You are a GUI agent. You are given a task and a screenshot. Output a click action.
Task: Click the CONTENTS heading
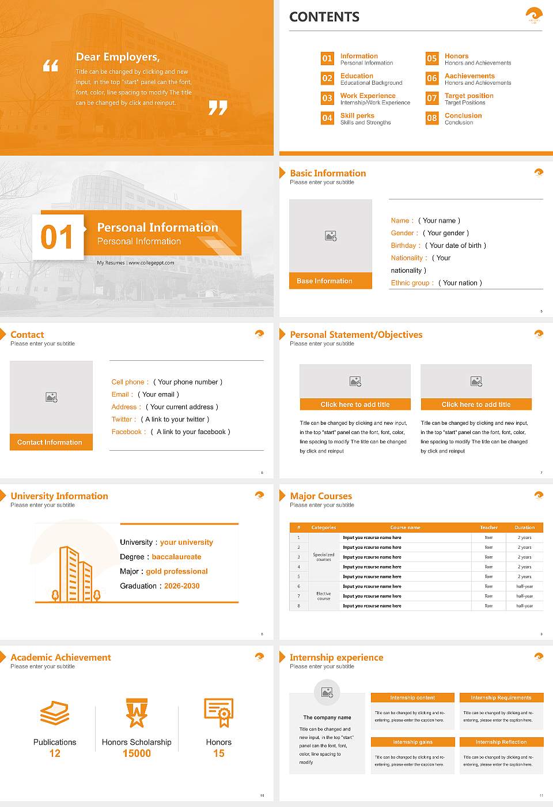tap(324, 17)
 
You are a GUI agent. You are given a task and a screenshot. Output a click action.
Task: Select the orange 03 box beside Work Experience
tap(327, 98)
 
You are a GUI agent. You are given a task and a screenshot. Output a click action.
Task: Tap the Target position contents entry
tap(468, 96)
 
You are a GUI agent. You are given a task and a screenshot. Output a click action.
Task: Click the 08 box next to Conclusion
tap(432, 118)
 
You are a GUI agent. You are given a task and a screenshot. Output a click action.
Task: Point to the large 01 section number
tap(58, 237)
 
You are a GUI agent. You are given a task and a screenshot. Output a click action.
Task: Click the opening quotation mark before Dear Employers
tap(51, 66)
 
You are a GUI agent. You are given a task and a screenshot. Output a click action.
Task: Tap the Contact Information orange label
tap(51, 442)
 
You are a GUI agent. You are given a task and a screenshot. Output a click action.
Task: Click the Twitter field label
tap(123, 420)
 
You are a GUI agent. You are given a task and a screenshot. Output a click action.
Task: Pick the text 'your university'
tap(186, 542)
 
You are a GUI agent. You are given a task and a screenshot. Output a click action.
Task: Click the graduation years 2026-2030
tap(181, 586)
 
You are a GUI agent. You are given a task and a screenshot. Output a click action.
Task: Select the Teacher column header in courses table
tap(488, 527)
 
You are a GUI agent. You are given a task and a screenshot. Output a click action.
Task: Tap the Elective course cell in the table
tap(323, 596)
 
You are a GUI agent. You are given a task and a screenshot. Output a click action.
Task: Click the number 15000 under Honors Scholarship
tap(137, 753)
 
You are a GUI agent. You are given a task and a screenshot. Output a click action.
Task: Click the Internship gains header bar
tap(412, 742)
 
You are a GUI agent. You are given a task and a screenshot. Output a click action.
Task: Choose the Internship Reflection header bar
tap(501, 742)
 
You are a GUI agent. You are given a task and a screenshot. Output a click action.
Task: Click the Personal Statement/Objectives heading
tap(356, 335)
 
